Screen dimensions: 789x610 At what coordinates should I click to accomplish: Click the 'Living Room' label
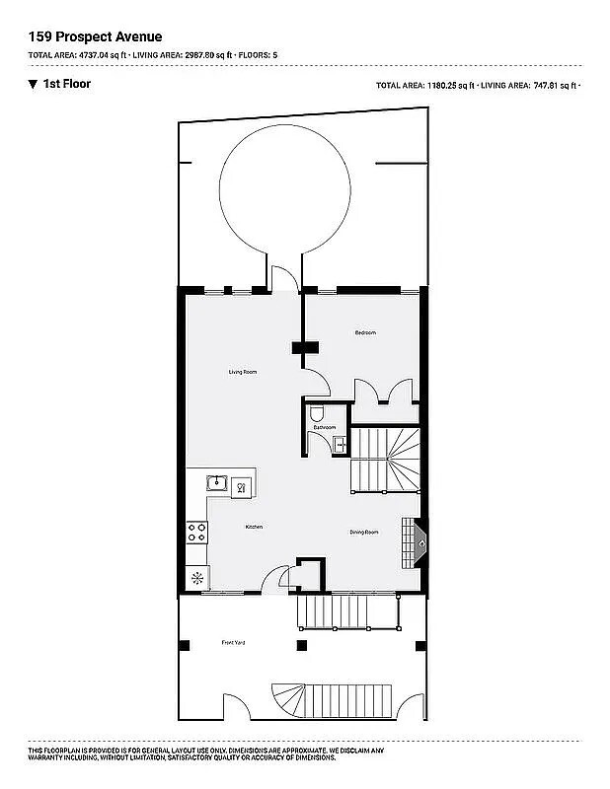243,372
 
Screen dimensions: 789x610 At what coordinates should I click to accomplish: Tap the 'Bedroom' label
365,333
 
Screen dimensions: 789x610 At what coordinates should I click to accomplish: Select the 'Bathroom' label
325,427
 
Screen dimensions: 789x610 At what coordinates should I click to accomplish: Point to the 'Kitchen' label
254,528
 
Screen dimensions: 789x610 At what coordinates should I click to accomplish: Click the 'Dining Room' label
364,533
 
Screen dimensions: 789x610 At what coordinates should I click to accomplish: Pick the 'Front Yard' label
233,643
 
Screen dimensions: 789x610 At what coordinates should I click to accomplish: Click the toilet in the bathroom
315,414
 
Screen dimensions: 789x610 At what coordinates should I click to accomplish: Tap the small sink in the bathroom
340,444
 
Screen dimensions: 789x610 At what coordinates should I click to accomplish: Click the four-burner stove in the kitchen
196,534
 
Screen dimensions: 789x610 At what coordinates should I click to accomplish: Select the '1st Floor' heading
66,84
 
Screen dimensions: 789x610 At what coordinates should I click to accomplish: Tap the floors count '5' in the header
277,55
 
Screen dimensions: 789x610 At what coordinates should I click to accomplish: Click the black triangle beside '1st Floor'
34,84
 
